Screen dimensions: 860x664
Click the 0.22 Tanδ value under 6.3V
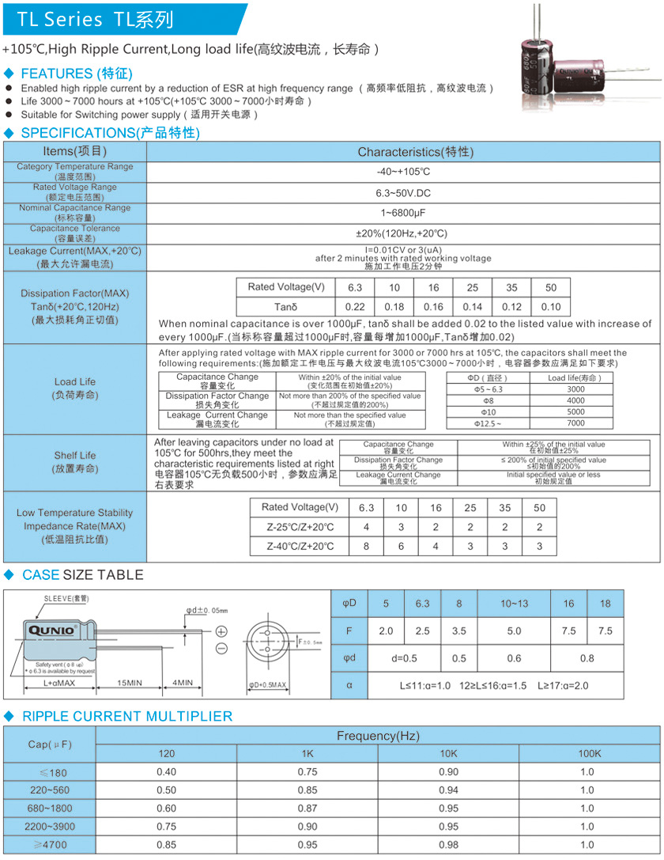(355, 307)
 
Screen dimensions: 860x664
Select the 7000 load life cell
(576, 424)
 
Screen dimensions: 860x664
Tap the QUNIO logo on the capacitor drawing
(52, 630)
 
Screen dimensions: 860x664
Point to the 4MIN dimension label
(183, 682)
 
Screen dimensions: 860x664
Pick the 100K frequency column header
(587, 753)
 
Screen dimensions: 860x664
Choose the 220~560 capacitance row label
(50, 790)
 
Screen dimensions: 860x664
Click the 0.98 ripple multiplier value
(448, 845)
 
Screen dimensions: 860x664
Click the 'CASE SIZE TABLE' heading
(83, 574)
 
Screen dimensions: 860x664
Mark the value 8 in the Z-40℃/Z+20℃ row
(366, 546)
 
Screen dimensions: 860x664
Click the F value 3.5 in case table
(458, 631)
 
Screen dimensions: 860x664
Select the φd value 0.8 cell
(587, 657)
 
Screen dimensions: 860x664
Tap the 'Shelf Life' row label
(75, 455)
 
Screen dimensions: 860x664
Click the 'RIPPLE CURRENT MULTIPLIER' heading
(126, 716)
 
